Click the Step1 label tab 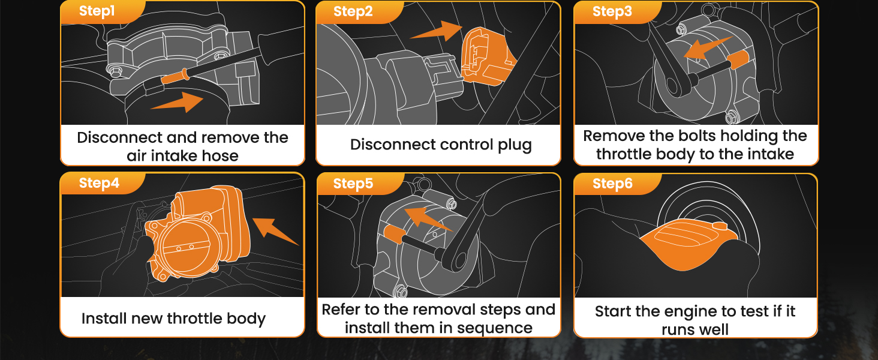pyautogui.click(x=103, y=12)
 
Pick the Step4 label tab pyautogui.click(x=103, y=184)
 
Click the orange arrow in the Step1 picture pyautogui.click(x=179, y=103)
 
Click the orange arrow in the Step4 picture pyautogui.click(x=275, y=232)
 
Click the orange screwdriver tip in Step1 pyautogui.click(x=175, y=76)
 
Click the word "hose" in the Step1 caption pyautogui.click(x=221, y=156)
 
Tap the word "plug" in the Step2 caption pyautogui.click(x=515, y=145)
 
